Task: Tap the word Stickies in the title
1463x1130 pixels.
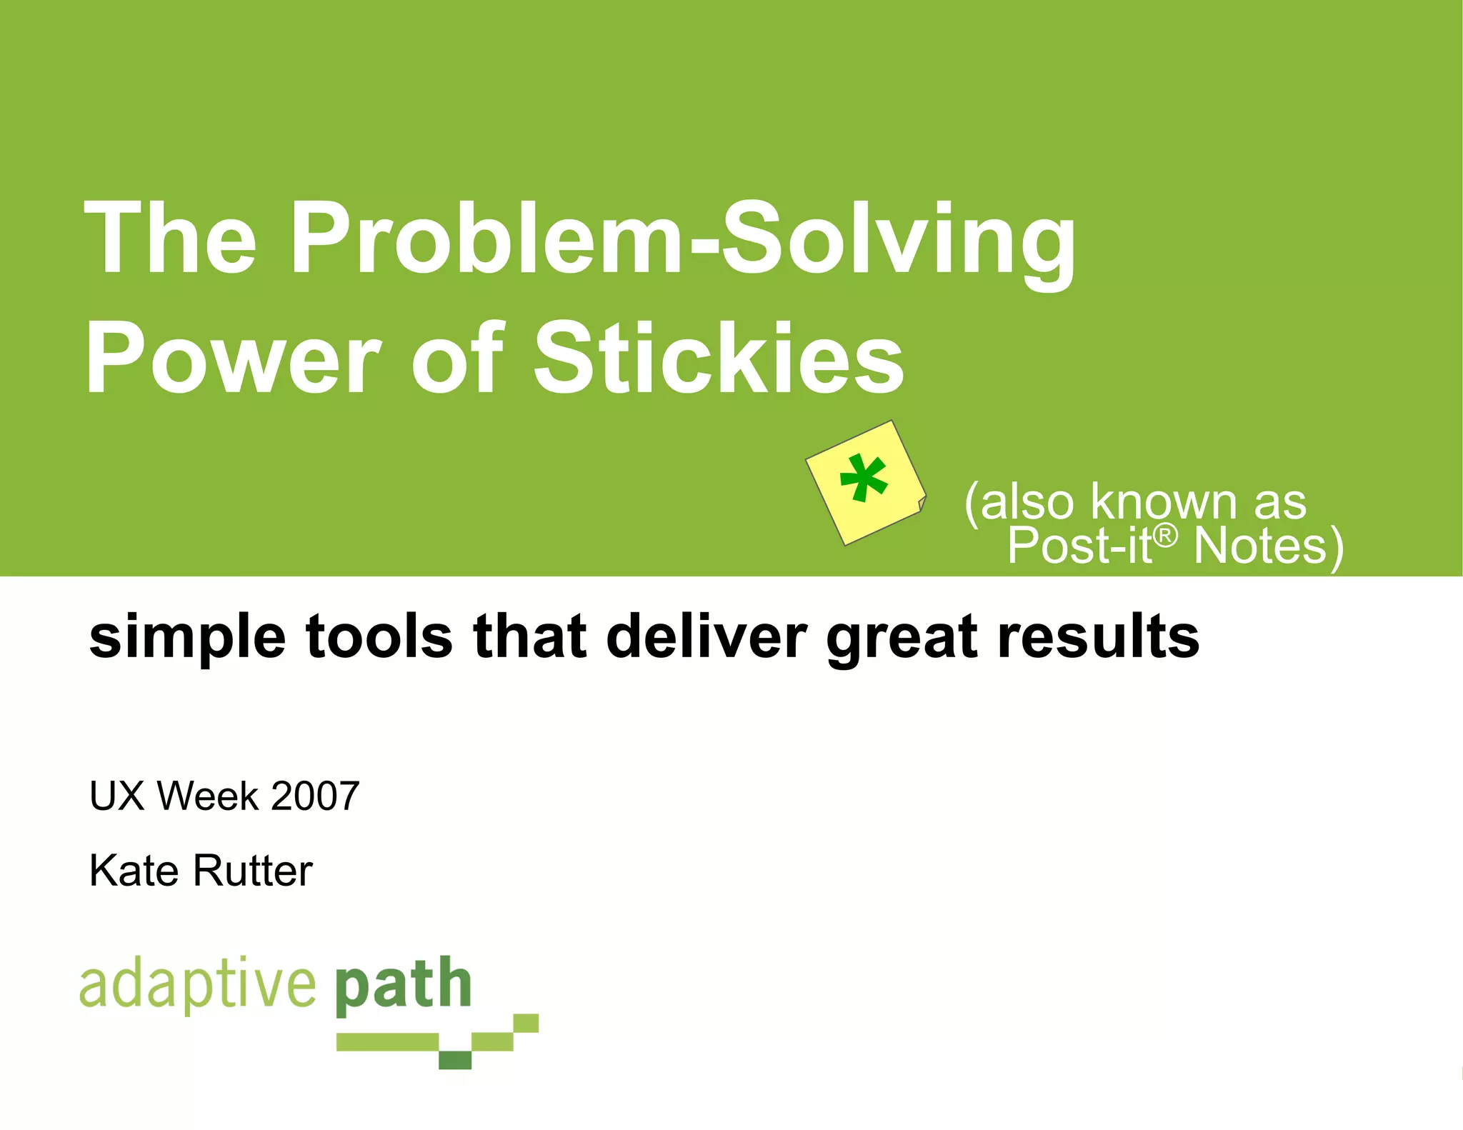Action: (719, 359)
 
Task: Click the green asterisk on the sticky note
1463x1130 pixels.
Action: (864, 479)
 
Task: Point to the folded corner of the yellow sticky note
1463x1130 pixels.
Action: (922, 504)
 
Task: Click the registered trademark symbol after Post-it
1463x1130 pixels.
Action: (1165, 534)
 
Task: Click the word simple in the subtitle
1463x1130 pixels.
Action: (187, 638)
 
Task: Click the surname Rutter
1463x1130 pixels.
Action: (253, 871)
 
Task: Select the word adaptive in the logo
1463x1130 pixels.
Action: (197, 985)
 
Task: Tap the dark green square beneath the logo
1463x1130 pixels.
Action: (455, 1060)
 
